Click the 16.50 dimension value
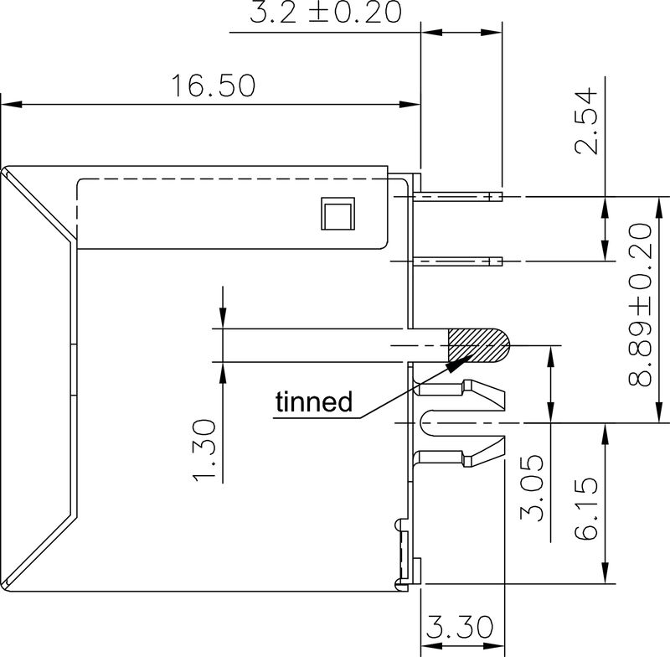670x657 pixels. click(x=213, y=86)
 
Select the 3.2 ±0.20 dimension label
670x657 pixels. click(x=325, y=13)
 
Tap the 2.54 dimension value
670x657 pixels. click(x=589, y=120)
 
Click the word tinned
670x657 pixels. click(x=313, y=402)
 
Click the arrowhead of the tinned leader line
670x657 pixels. click(x=456, y=362)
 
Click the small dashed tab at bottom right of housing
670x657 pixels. click(x=401, y=553)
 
